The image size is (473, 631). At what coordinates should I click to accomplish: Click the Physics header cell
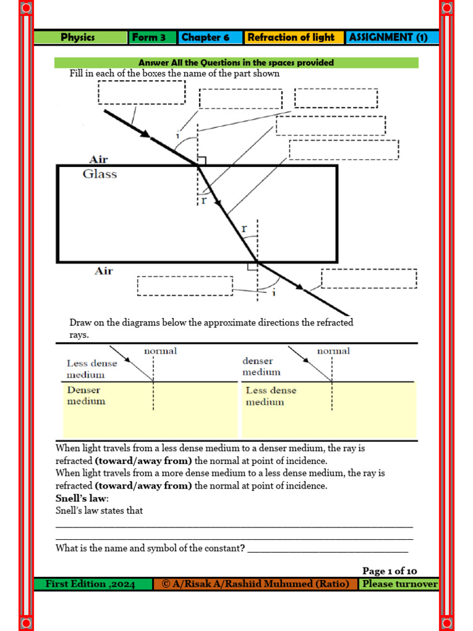click(78, 38)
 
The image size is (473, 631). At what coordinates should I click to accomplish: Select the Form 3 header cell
click(149, 38)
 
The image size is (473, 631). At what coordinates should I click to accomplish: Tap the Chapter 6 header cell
click(206, 38)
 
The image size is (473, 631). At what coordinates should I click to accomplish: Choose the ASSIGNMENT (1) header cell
click(388, 38)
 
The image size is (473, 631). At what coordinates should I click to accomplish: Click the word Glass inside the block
click(100, 174)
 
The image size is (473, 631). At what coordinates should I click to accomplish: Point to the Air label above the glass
click(99, 159)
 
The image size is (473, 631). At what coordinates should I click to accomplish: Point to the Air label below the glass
click(103, 271)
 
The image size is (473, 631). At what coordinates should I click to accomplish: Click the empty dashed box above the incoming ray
click(141, 92)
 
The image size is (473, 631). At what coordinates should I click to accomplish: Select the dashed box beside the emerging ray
click(369, 279)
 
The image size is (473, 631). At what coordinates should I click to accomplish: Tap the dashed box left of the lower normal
click(185, 286)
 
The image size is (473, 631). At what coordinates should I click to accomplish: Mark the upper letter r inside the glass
click(203, 200)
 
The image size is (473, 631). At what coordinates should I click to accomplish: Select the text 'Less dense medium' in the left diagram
click(91, 369)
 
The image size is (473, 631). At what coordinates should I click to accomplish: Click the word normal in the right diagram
click(333, 351)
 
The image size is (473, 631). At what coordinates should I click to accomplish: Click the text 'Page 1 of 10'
click(389, 571)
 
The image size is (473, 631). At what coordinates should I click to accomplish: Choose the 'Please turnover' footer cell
click(400, 584)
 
